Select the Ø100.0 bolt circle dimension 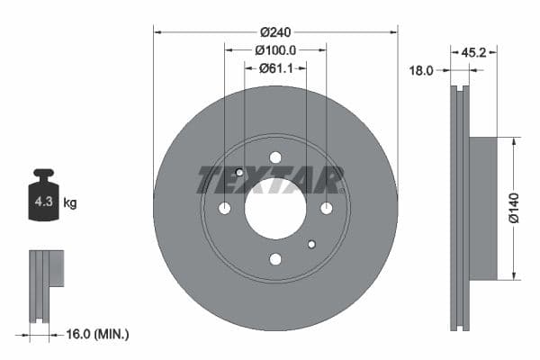tap(275, 50)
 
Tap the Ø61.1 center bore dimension tap(275, 67)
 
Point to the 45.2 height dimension tap(473, 53)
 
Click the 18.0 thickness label tap(422, 69)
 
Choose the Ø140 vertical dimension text tap(512, 208)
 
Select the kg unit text tap(70, 203)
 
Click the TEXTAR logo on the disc tap(270, 180)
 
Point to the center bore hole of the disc tap(275, 208)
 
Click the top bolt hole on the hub tap(275, 157)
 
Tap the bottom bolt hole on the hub tap(275, 259)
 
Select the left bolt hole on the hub tap(225, 208)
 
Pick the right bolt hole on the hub tap(326, 208)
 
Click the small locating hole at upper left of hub tap(239, 173)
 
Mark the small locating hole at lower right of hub tap(311, 244)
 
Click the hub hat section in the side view tap(483, 208)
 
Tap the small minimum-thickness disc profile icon tap(45, 283)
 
